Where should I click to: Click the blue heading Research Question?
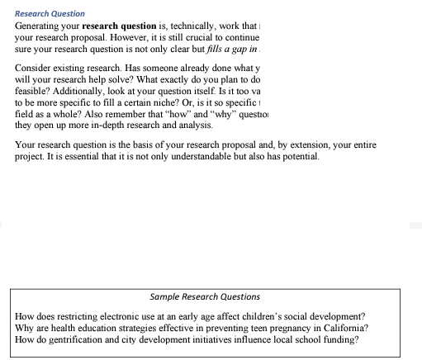pyautogui.click(x=50, y=14)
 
